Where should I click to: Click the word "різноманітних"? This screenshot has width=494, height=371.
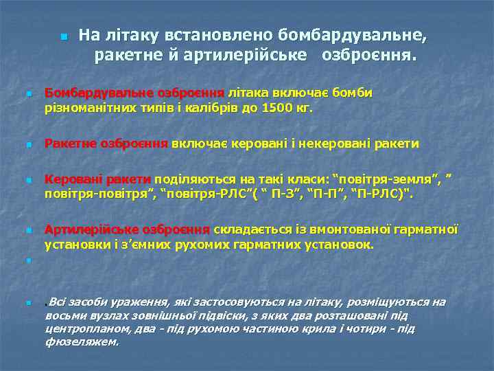coord(86,108)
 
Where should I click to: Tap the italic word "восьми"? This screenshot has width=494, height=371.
coord(64,316)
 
